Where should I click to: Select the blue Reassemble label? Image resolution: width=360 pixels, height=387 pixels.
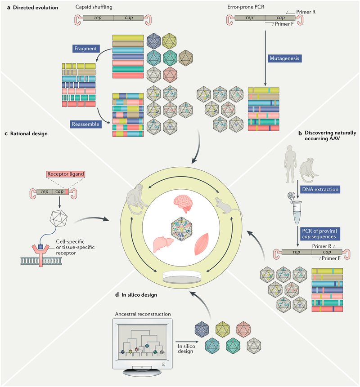84,122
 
